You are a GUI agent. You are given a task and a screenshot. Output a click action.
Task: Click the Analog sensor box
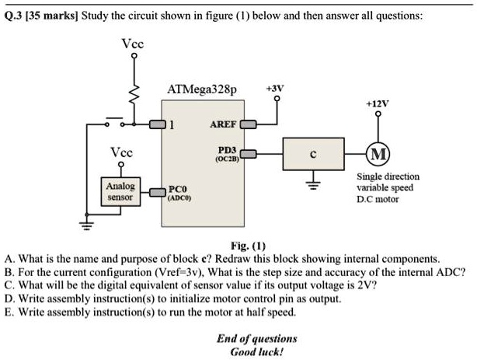tap(121, 191)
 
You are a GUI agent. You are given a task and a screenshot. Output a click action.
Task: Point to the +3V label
tap(276, 89)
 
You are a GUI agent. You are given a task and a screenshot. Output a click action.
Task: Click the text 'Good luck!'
tap(256, 351)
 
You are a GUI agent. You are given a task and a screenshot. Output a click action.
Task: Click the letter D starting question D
tap(9, 298)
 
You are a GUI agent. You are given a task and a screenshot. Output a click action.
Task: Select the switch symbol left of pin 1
tap(110, 122)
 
